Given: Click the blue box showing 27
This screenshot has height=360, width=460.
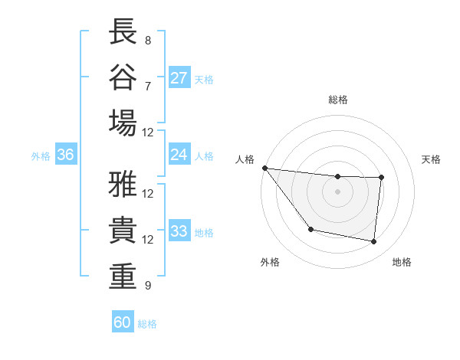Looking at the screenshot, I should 179,78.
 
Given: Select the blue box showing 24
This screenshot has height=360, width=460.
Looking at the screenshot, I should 179,155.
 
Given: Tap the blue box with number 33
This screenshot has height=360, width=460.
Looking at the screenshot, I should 179,231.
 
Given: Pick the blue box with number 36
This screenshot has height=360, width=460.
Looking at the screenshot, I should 66,155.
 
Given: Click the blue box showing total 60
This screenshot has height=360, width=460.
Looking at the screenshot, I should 123,322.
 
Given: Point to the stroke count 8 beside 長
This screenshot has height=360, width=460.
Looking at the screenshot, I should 147,39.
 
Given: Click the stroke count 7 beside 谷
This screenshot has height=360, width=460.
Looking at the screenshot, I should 147,85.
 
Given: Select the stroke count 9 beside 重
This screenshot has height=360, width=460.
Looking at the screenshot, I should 147,286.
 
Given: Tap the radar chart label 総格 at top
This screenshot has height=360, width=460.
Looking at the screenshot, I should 337,100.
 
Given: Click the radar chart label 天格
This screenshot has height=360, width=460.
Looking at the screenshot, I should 432,159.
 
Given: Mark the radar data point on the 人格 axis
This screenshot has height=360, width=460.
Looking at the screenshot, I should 264,168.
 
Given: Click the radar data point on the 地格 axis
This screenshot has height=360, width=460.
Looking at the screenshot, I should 374,242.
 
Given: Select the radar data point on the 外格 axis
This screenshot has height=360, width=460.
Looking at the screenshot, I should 310,229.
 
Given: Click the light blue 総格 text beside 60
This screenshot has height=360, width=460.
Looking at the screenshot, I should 148,324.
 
